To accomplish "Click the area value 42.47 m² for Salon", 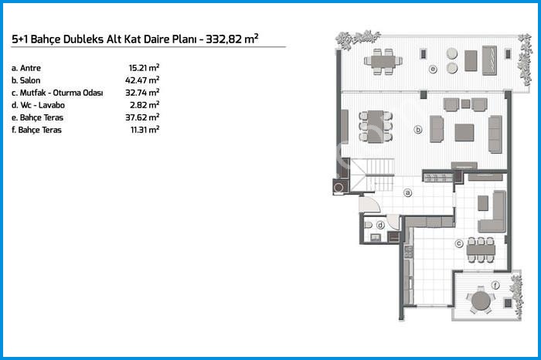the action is tap(142, 80).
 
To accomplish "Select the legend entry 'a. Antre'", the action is tap(26, 68).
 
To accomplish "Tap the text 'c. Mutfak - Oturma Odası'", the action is tap(57, 93).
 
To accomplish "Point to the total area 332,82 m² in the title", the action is tap(232, 39).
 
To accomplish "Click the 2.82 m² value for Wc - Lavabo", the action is tap(145, 105).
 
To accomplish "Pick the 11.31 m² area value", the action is tap(145, 130).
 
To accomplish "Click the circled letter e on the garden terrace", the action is tap(433, 70).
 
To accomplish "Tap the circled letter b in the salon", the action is tap(418, 130).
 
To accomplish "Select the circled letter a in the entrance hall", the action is tap(408, 193).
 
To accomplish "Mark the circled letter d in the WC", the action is tap(380, 226).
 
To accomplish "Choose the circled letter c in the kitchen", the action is tap(459, 243).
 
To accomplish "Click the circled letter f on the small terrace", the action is tap(495, 285).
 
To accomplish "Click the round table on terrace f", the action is tap(481, 301).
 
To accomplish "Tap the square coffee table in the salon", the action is tap(464, 133).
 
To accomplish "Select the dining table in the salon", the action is tap(376, 127).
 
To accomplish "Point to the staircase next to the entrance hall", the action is tap(373, 175).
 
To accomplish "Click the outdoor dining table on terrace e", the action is tap(383, 62).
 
